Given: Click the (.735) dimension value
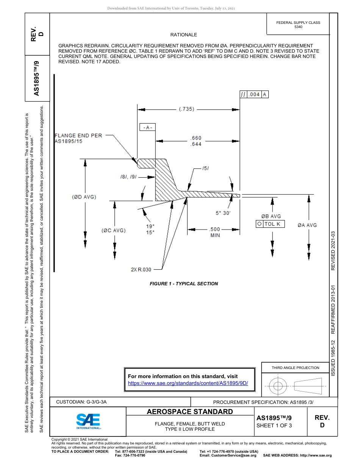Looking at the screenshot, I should point(186,109).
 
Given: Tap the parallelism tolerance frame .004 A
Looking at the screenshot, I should point(254,95).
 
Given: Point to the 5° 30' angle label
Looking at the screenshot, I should point(223,213).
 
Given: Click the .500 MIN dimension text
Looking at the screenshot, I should point(215,232).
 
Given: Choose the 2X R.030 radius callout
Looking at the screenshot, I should point(141,269).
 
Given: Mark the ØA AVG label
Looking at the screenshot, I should point(307,225).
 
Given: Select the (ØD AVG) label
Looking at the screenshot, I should point(84,197).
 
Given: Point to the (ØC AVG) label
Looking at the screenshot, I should point(113,230).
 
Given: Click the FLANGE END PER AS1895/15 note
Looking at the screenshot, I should point(79,138).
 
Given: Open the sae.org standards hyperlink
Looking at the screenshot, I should point(188,383).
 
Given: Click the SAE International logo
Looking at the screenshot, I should point(88,421).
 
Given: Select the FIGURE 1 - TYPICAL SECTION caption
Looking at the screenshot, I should point(184,283).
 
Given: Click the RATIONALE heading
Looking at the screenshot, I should point(184,35).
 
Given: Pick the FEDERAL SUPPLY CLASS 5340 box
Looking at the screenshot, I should point(298,25).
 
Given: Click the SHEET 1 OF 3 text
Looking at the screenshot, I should point(274,425).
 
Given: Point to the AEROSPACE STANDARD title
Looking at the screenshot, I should point(190,412).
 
